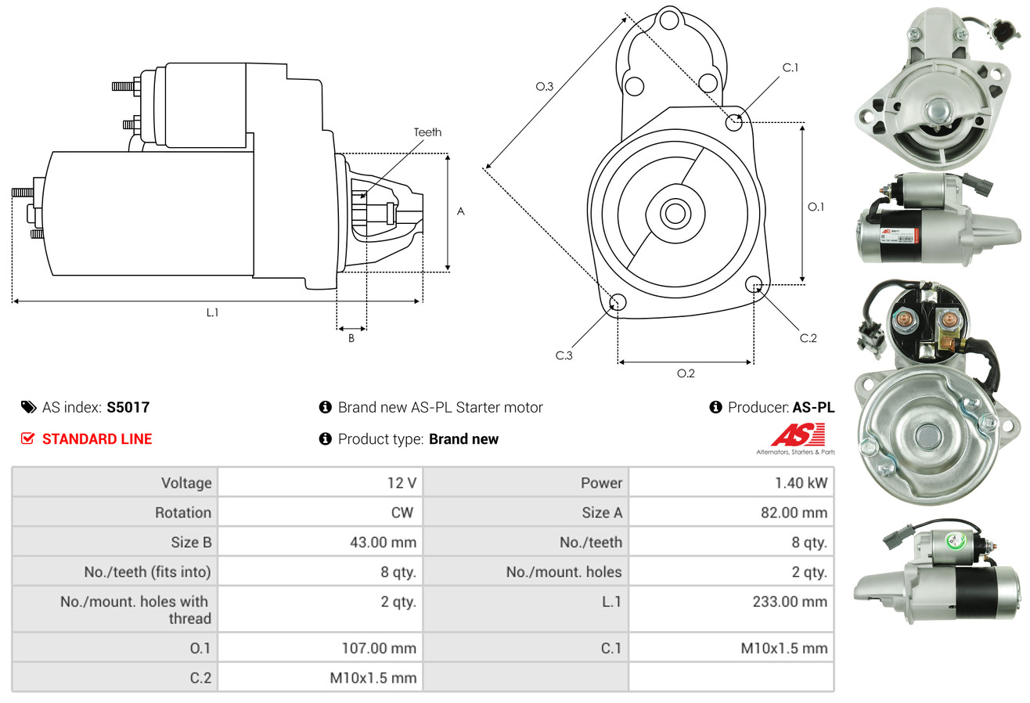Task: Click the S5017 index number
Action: [x=128, y=407]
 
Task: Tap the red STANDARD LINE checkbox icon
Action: [x=28, y=438]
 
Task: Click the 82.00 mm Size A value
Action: [x=796, y=513]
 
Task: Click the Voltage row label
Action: [x=186, y=483]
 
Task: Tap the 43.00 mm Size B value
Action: [x=383, y=542]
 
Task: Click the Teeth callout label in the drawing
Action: [x=427, y=132]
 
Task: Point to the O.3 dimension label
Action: [x=545, y=87]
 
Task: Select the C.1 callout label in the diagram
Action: [x=791, y=67]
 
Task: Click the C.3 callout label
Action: [x=564, y=355]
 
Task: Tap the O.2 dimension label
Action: [x=686, y=373]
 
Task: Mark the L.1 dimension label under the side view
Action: [x=212, y=312]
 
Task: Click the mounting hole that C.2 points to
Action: [x=754, y=283]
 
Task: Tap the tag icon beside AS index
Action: [x=29, y=407]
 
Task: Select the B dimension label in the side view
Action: [x=351, y=339]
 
